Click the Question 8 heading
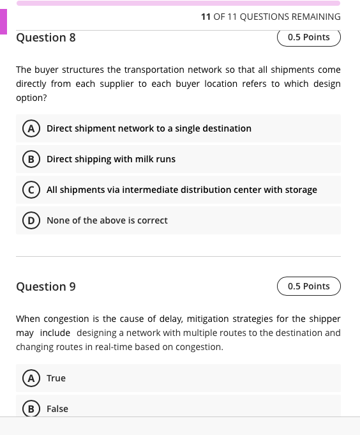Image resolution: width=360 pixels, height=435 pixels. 46,38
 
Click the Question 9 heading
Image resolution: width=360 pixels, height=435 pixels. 46,287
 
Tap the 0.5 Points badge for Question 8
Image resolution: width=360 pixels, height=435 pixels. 309,37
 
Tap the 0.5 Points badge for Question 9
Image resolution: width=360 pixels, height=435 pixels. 309,286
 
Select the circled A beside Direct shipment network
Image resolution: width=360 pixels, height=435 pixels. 29,128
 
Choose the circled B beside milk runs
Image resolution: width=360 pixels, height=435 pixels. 29,159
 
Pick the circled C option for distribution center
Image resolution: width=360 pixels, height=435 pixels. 29,190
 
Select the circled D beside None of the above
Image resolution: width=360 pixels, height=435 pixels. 29,220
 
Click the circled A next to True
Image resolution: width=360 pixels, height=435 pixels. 29,378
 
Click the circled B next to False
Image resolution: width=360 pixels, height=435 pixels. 29,409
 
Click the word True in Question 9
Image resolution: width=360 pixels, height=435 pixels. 56,378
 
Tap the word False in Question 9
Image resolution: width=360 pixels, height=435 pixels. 57,409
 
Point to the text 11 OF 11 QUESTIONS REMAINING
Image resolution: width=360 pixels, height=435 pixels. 271,17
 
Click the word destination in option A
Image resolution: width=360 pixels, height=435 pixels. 227,128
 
